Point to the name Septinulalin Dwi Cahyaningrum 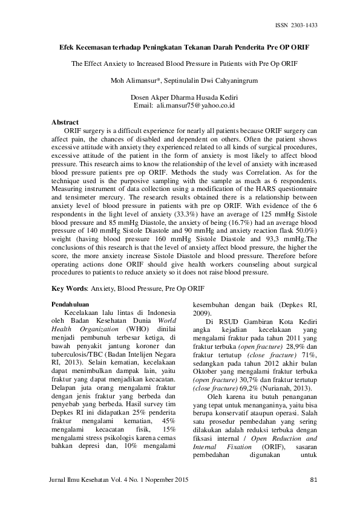click(x=206, y=80)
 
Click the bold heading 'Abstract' click(x=65, y=122)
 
